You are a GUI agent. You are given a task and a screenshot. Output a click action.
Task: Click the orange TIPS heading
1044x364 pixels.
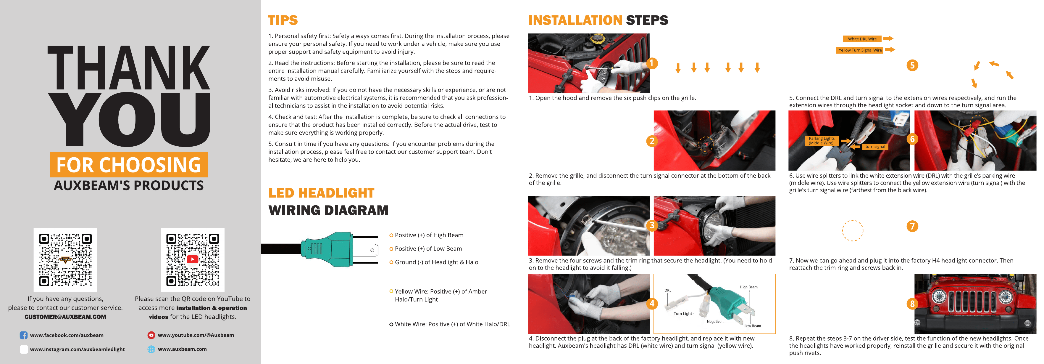283,20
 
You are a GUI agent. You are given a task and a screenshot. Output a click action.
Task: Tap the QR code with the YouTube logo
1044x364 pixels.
193,260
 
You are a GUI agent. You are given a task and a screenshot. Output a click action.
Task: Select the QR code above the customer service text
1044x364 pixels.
65,260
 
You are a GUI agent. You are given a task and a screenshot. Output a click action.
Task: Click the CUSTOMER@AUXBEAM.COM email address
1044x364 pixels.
65,317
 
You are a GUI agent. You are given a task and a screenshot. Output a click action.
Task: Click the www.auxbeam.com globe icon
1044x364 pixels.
151,349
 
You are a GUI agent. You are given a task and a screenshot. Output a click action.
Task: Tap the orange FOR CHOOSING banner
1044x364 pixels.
129,165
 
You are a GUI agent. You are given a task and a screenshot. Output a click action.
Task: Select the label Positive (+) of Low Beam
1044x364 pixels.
428,249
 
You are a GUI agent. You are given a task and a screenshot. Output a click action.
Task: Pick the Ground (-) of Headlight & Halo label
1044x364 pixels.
436,262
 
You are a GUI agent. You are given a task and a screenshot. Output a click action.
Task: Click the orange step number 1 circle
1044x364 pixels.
652,63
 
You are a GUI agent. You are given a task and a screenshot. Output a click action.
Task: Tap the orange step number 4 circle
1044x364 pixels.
652,304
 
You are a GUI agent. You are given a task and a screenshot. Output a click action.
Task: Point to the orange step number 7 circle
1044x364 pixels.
912,226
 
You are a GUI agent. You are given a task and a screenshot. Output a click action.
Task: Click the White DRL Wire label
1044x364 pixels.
862,39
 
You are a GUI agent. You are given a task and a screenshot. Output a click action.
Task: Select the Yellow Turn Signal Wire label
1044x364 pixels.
860,50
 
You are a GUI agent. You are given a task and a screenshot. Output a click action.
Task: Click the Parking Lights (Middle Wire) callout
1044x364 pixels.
822,140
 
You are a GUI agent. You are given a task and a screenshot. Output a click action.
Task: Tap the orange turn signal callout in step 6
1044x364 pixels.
875,147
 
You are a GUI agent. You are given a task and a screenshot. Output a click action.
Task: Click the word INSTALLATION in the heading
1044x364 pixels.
575,20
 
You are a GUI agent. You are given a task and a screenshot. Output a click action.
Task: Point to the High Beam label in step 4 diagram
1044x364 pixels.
748,287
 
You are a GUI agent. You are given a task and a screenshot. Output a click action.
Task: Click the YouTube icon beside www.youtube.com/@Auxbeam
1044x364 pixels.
151,335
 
